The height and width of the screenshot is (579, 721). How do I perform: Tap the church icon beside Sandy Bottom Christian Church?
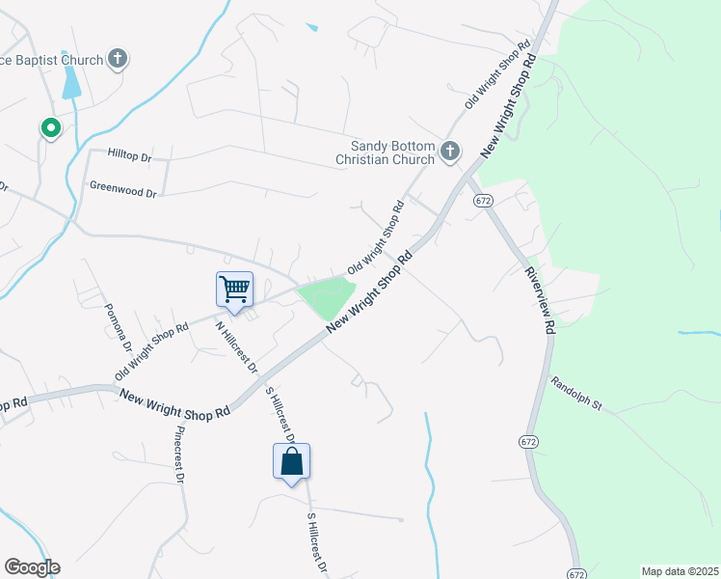point(449,151)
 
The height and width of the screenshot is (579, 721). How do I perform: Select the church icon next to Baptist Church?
point(118,60)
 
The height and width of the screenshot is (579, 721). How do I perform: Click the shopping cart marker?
point(234,289)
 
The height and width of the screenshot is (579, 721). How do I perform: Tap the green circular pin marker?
point(50,127)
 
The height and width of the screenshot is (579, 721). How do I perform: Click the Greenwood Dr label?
point(122,192)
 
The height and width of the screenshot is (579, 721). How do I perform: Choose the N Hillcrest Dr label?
point(237,346)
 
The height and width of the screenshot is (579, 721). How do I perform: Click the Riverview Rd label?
point(539,301)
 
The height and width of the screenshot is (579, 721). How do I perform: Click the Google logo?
point(32,567)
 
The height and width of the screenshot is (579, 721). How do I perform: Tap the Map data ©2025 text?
point(680,571)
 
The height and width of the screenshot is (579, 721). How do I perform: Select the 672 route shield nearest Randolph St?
point(527,441)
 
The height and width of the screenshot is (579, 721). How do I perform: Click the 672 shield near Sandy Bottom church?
point(483,200)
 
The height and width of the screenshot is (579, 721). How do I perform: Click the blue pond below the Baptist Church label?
point(71,85)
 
